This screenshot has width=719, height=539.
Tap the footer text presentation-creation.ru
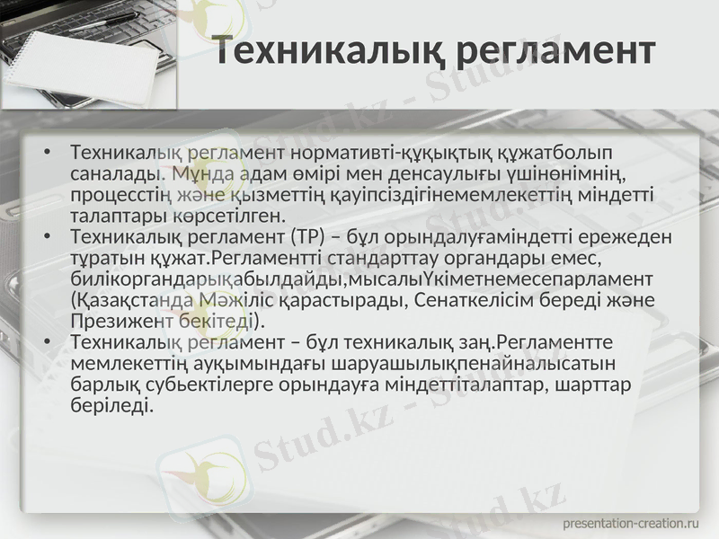pos(630,522)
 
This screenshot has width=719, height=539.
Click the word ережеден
pos(629,237)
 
